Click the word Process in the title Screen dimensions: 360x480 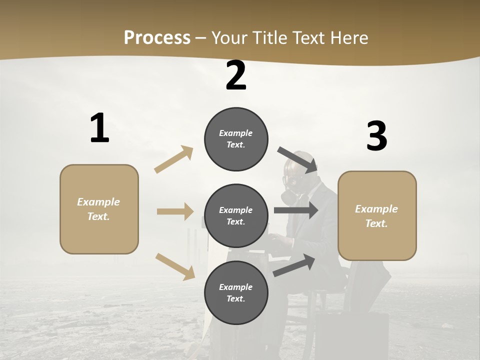[157, 37]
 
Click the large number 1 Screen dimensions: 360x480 [99, 128]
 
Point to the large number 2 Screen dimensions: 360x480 [236, 75]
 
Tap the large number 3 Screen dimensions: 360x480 [376, 136]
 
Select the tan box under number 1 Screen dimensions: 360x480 [99, 209]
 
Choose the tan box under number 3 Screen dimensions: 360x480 [377, 215]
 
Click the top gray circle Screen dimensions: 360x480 [236, 139]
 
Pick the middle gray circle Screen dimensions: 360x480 [236, 215]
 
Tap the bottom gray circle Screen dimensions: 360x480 [236, 292]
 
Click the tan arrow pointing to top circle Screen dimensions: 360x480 [174, 159]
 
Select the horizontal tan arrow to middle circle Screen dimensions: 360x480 [175, 211]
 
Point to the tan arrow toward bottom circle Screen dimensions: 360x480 [175, 266]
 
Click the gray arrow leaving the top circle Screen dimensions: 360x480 [297, 159]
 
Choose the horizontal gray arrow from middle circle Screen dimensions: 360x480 [295, 210]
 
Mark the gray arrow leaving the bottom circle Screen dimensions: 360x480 [294, 265]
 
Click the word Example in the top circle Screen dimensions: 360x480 [236, 133]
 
